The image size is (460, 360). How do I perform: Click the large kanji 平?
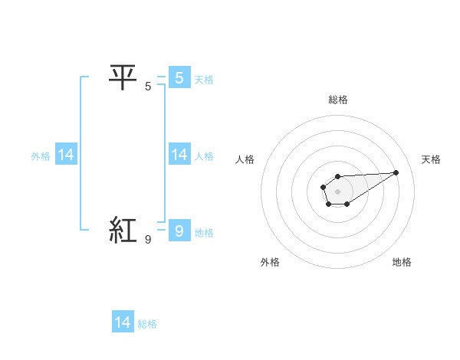coord(123,77)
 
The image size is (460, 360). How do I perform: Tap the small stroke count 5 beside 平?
coord(148,87)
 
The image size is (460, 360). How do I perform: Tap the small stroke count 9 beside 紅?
coord(148,240)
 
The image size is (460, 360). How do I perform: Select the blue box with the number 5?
coord(179,77)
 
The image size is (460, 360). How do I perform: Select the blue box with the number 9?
coord(179,231)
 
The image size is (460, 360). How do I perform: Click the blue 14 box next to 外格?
coord(66,155)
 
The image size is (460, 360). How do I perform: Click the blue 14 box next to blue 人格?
coord(179,155)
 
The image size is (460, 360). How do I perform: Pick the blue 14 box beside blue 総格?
coord(123,322)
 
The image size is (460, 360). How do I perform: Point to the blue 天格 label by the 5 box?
coord(204,79)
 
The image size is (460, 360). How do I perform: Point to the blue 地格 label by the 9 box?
coord(204,232)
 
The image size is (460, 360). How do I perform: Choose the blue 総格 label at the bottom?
coord(147,324)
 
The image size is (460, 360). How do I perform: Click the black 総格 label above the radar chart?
coord(337,100)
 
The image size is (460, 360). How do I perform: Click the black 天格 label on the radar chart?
coord(431,159)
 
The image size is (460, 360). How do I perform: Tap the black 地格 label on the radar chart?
coord(402,262)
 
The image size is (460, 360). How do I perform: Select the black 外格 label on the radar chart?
coord(270,262)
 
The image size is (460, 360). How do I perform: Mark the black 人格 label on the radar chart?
coord(245,159)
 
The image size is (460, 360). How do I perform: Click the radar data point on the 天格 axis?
coord(396,172)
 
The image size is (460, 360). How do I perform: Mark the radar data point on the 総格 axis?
coord(337,177)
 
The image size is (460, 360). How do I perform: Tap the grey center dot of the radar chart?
coord(337,190)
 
